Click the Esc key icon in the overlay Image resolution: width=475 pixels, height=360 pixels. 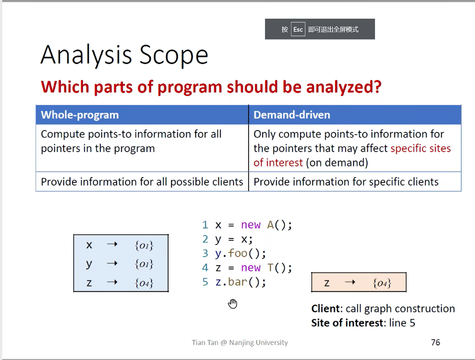(298, 29)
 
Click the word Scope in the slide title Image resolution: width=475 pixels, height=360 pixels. (174, 55)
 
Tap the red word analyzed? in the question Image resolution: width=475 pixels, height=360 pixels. (344, 87)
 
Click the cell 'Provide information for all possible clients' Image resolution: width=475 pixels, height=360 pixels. (142, 182)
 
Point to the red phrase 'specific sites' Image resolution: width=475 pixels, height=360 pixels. (420, 148)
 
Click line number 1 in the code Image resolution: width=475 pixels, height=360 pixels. (205, 225)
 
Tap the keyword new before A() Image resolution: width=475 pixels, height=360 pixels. (251, 225)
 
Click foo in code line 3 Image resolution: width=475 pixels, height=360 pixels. (237, 253)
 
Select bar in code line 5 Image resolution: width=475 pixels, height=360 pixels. (237, 282)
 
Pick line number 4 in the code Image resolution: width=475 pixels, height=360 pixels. (205, 268)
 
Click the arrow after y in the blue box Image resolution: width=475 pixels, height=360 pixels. (112, 263)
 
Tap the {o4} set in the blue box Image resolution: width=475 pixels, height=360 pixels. (144, 283)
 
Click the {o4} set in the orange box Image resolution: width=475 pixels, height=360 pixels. (382, 283)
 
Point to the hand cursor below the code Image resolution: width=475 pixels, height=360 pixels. (233, 304)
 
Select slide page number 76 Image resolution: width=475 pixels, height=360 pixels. (435, 342)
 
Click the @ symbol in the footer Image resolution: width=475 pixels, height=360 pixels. (224, 343)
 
